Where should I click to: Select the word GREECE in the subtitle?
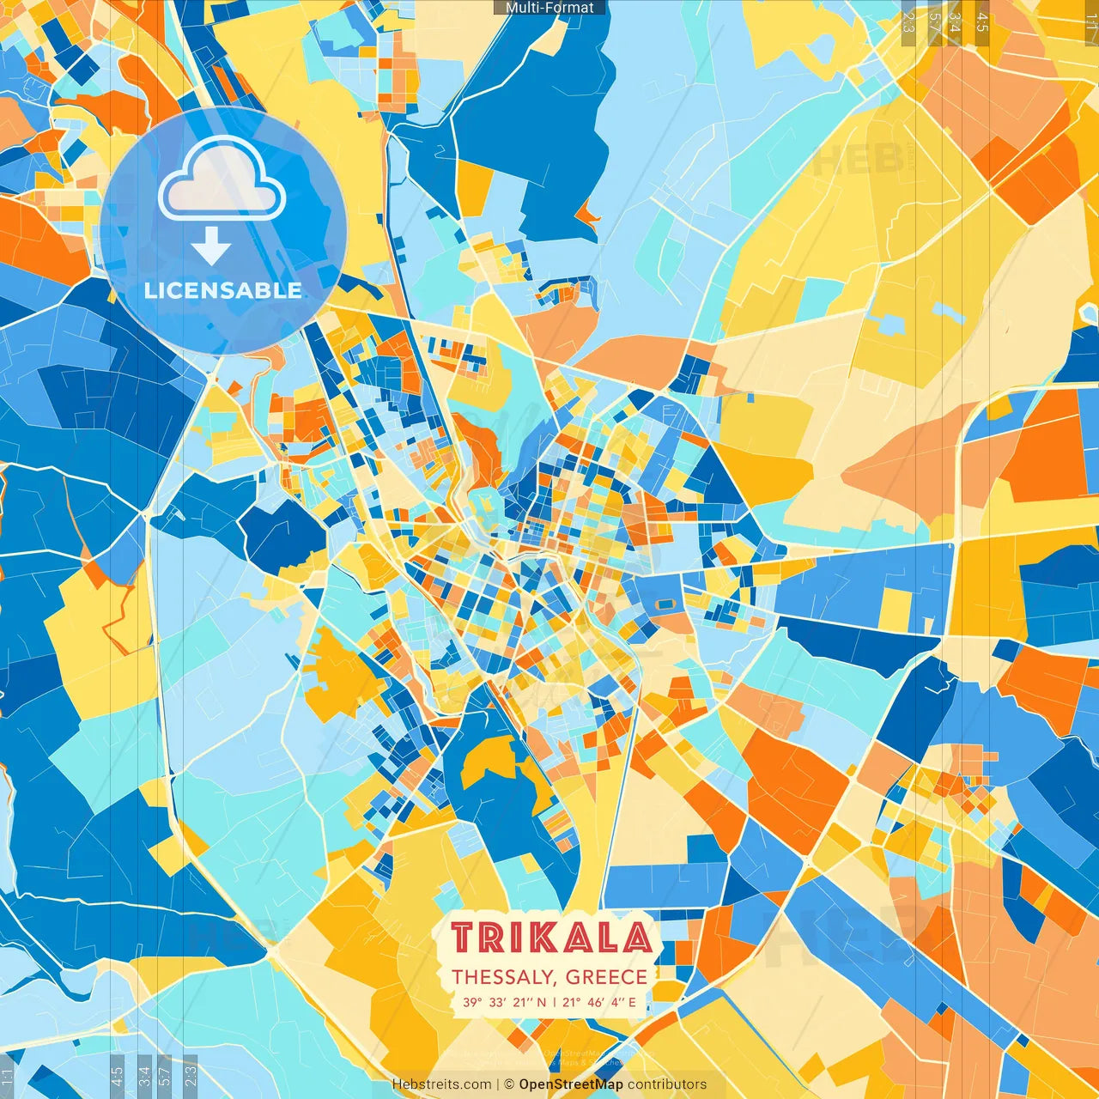(x=606, y=977)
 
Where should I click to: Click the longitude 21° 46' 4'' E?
(x=599, y=1002)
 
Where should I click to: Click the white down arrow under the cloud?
(x=211, y=246)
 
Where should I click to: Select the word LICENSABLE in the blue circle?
(x=223, y=290)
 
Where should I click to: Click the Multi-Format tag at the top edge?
(x=549, y=8)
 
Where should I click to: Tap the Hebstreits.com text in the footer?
(x=441, y=1084)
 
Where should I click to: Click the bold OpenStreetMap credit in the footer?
(x=571, y=1084)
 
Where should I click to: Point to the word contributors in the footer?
(x=667, y=1084)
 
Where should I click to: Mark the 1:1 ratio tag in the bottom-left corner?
(x=7, y=1078)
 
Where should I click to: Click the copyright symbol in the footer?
(x=509, y=1084)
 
